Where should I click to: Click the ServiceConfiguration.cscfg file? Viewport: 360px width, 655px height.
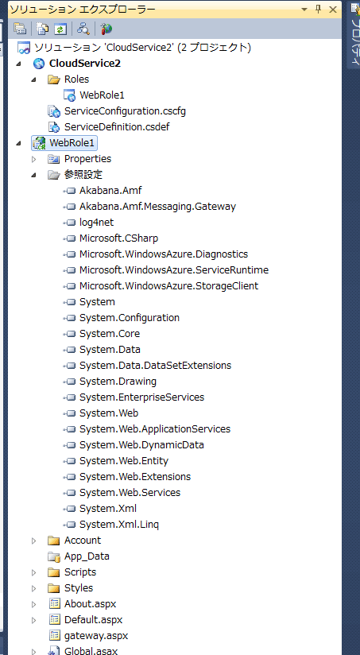click(x=125, y=111)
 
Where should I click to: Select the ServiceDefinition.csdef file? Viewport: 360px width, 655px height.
click(x=117, y=127)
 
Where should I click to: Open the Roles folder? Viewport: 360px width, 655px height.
click(x=76, y=79)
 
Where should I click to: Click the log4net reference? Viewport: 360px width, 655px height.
click(x=96, y=223)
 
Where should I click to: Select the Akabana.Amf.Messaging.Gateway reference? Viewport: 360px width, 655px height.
click(x=157, y=207)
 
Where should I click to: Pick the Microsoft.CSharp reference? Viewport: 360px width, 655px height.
click(x=118, y=238)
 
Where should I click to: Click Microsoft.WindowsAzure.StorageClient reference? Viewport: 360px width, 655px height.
click(x=168, y=285)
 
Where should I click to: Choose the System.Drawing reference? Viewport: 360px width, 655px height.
click(x=118, y=382)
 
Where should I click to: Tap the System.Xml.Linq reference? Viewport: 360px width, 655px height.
click(x=119, y=525)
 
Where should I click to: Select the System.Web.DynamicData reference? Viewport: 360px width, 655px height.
click(x=141, y=445)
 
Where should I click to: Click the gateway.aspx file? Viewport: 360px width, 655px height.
click(x=96, y=636)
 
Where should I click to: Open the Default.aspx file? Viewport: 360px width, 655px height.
click(x=93, y=619)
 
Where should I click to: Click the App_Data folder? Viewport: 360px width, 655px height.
click(x=87, y=556)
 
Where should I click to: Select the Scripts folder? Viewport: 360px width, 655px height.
click(x=80, y=572)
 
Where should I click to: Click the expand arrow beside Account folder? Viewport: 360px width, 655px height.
click(x=34, y=541)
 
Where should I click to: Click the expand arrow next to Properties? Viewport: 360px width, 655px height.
click(x=34, y=159)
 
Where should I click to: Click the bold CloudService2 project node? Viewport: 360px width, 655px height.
click(x=85, y=64)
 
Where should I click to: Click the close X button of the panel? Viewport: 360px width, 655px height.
click(x=333, y=10)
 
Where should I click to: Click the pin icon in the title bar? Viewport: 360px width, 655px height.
click(x=318, y=10)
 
